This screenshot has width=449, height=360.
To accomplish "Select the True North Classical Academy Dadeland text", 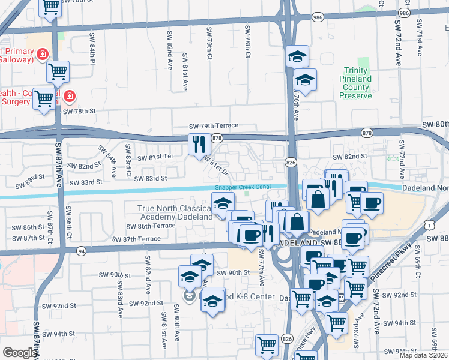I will [x=175, y=212].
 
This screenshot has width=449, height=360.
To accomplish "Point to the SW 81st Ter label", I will [x=155, y=158].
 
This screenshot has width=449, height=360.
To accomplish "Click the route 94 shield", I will [x=81, y=251].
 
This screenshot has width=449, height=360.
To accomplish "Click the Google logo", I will [x=20, y=353].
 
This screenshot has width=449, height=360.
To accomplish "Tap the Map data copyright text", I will [x=424, y=355].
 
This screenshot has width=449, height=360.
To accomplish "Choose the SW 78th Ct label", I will [x=247, y=42].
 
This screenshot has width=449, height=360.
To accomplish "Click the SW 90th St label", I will [x=233, y=272].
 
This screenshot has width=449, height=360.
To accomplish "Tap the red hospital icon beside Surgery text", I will [x=70, y=95].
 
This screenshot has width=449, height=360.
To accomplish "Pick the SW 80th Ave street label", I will [x=177, y=318].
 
